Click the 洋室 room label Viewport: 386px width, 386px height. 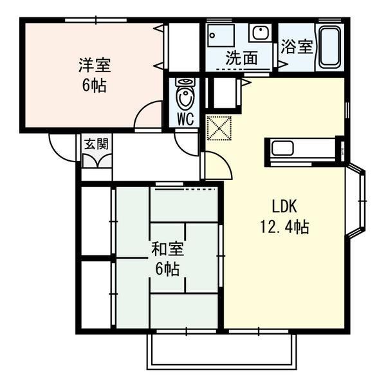(x=95, y=65)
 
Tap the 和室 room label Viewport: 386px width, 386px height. (x=167, y=248)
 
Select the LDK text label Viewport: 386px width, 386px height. (x=284, y=207)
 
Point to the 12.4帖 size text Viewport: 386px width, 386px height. (x=284, y=226)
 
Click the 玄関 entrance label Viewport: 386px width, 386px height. (x=96, y=143)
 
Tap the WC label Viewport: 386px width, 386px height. (x=185, y=120)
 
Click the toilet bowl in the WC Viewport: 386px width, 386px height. (x=185, y=94)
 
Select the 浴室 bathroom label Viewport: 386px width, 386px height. (x=297, y=46)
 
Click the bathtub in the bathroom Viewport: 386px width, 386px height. (x=330, y=47)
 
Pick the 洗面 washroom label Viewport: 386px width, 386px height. (x=242, y=58)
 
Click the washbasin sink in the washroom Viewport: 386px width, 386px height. (x=261, y=32)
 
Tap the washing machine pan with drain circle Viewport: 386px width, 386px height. (x=221, y=35)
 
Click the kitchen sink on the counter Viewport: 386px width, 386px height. (x=282, y=148)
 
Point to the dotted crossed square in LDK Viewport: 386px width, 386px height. (x=219, y=128)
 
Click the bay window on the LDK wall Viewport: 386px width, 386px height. (x=356, y=201)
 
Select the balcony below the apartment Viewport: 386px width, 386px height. (x=222, y=351)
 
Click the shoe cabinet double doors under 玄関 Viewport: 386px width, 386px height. (x=96, y=161)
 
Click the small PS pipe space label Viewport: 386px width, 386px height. (x=342, y=151)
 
